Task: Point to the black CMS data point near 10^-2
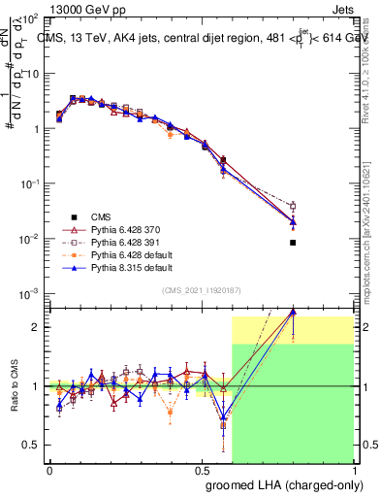[293, 243]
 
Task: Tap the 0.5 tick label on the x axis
[201, 469]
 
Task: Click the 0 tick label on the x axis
[49, 469]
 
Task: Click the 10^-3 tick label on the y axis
[29, 294]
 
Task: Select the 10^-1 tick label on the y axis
[29, 183]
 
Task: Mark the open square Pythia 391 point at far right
[293, 206]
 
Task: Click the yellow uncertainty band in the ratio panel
[291, 329]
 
